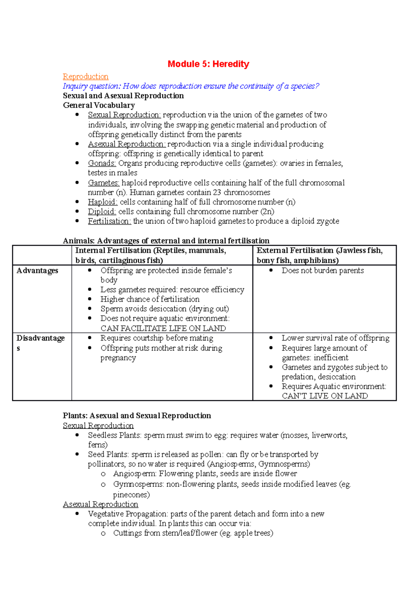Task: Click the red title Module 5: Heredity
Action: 208,64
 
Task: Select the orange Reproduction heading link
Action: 86,76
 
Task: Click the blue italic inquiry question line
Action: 191,86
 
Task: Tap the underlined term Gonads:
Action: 102,163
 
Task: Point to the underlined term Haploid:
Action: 103,202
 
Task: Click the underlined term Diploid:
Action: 102,212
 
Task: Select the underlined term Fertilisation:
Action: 109,221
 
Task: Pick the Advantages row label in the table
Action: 37,271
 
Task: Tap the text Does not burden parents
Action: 323,271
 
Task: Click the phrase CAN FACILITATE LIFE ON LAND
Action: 163,328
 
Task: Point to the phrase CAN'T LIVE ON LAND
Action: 325,396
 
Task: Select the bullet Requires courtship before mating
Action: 157,338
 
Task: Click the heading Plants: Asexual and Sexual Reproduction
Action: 137,416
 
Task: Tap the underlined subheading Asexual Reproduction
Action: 101,504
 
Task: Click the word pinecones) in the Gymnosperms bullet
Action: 131,495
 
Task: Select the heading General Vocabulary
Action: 99,105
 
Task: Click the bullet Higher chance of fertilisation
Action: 150,299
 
